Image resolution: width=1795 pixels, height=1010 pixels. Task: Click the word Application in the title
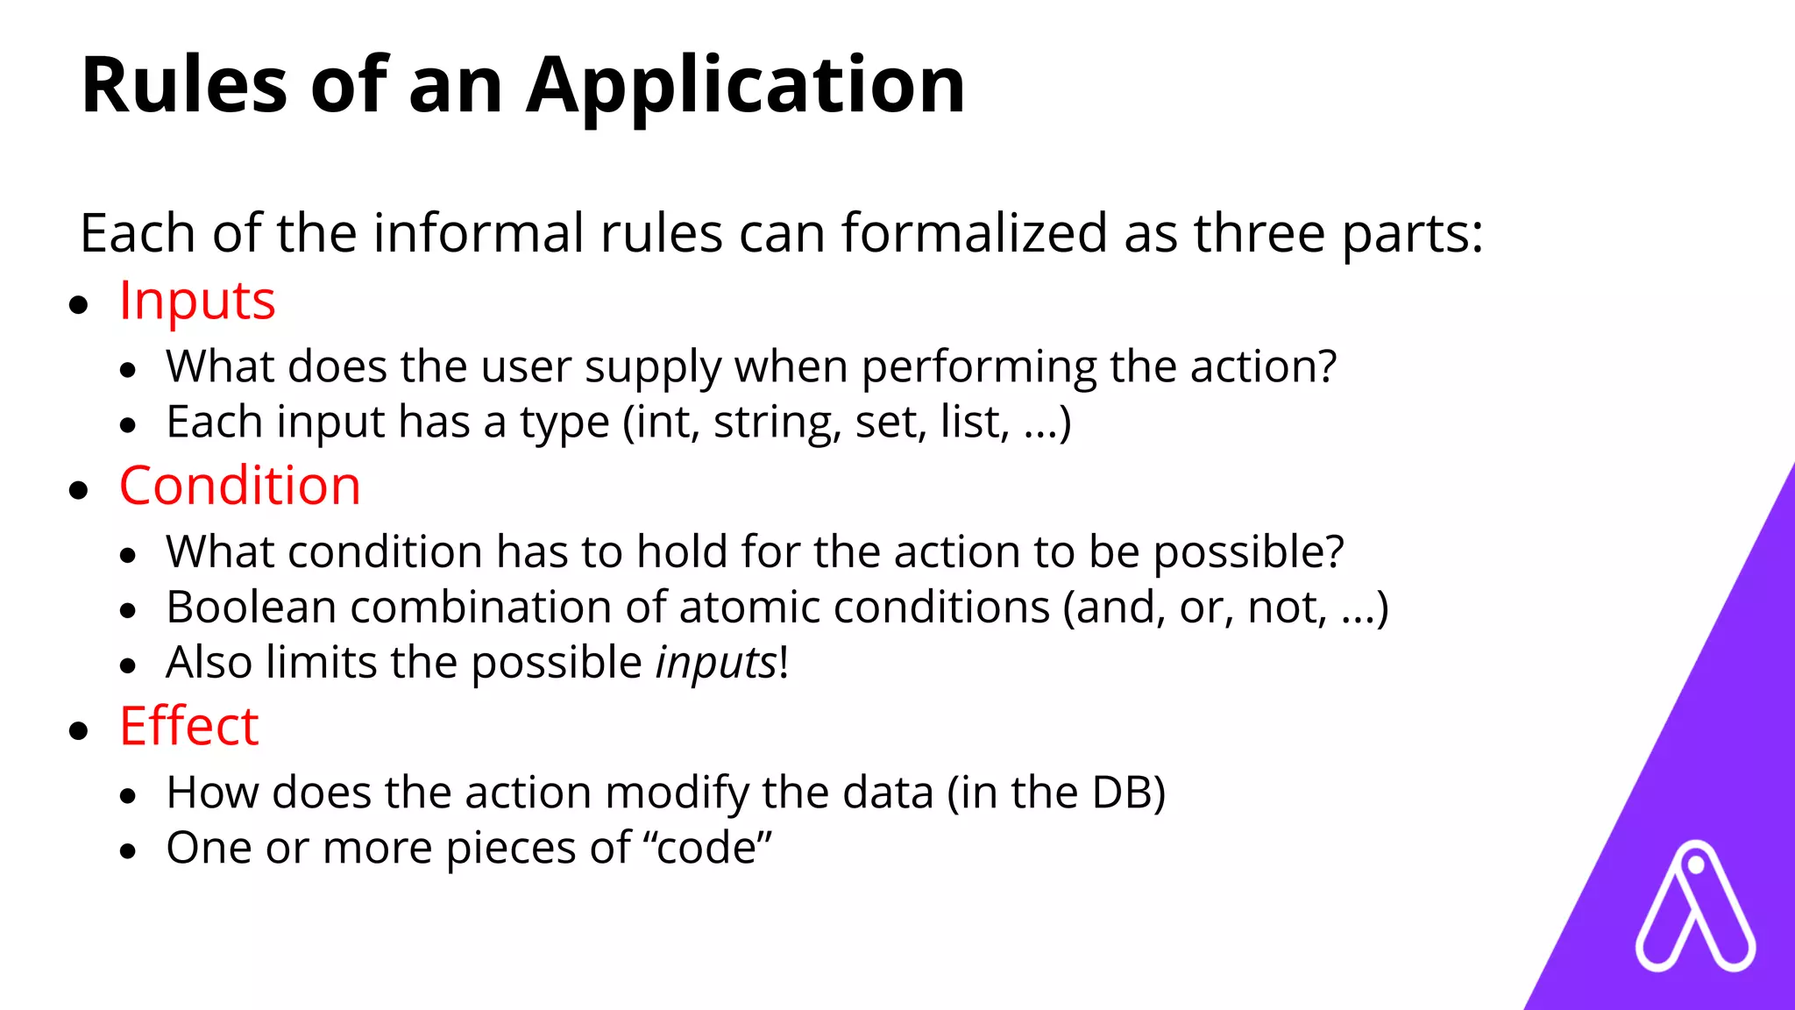(x=745, y=86)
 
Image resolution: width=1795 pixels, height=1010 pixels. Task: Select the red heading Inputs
(x=197, y=302)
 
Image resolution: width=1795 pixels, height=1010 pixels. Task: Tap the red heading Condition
(x=239, y=487)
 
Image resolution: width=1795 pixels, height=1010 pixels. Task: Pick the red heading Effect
(x=188, y=727)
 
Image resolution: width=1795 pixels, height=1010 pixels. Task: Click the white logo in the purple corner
(x=1695, y=907)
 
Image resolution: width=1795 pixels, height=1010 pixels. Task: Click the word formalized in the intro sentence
(x=975, y=234)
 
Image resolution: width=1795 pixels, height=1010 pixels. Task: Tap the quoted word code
(x=706, y=849)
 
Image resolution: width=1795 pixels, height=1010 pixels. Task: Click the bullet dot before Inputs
(x=79, y=305)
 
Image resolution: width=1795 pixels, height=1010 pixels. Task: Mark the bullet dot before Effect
(x=79, y=730)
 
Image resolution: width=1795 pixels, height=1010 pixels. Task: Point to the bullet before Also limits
(x=129, y=666)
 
